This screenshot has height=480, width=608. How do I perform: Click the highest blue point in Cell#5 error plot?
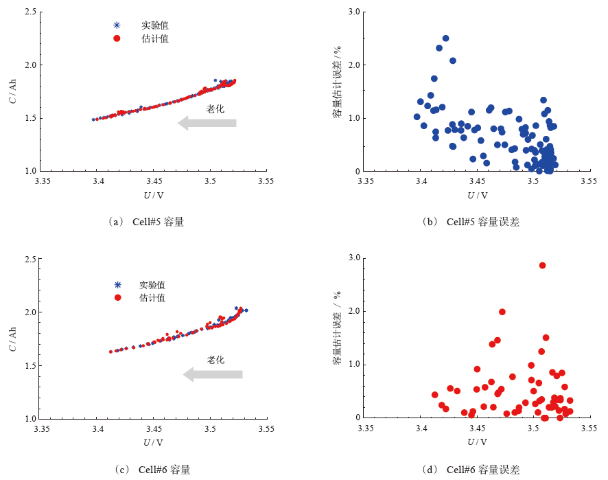click(445, 38)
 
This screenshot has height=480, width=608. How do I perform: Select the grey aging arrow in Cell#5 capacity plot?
click(207, 123)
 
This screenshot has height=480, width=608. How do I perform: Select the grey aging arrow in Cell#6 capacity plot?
click(213, 374)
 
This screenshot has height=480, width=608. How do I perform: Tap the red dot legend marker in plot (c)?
click(117, 297)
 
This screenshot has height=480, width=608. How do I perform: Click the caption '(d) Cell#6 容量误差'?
click(473, 470)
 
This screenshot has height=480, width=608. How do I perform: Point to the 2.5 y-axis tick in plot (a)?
click(31, 12)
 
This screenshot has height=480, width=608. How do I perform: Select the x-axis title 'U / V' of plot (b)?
click(477, 195)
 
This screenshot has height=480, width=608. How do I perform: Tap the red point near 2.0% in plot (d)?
click(502, 312)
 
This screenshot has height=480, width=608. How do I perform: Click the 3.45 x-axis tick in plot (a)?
click(154, 182)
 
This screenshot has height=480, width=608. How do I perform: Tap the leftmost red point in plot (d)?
click(434, 395)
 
